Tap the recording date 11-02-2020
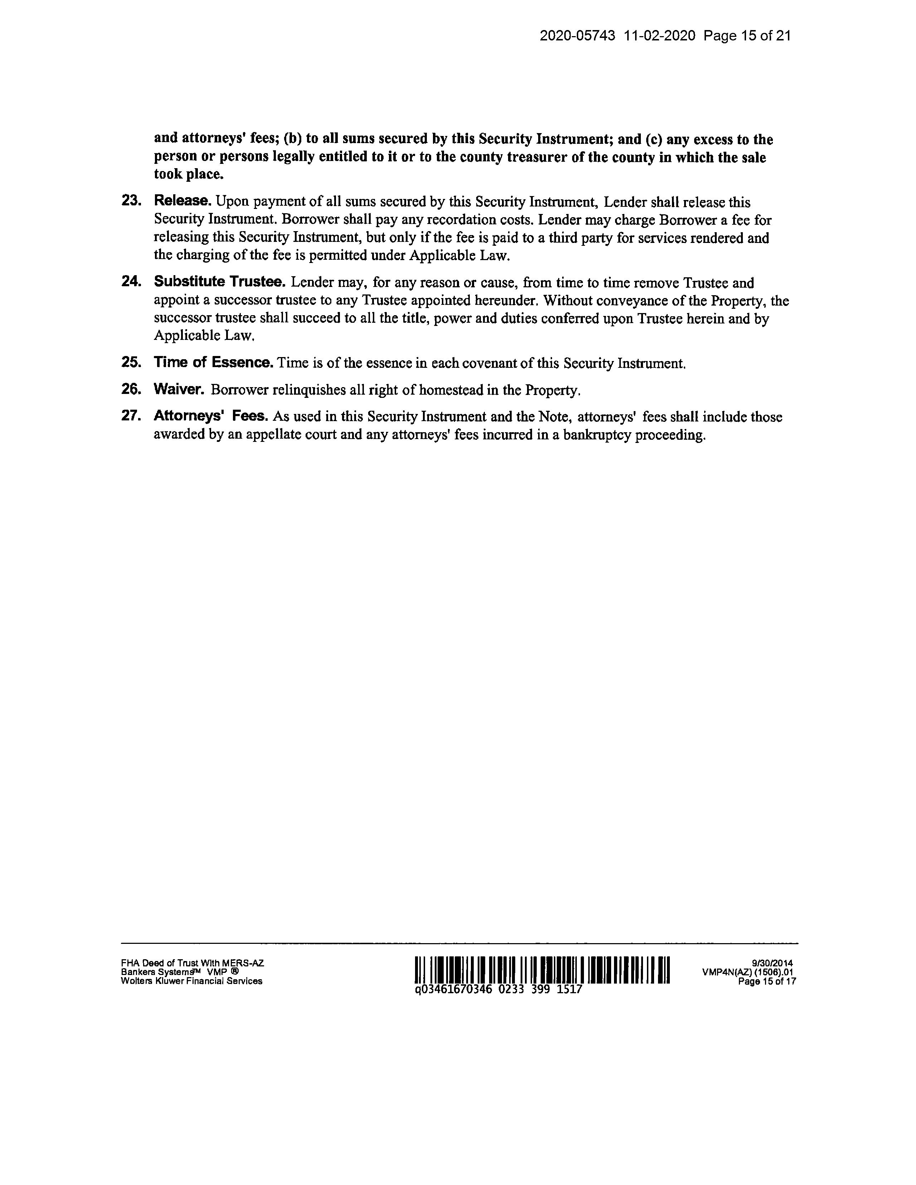click(659, 36)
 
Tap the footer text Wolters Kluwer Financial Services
click(191, 981)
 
